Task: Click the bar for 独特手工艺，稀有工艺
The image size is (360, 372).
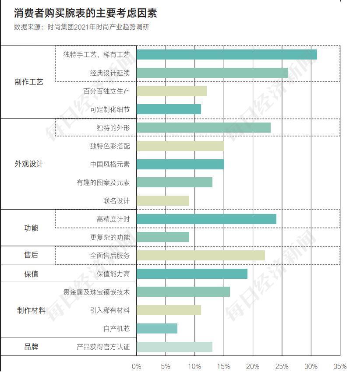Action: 226,55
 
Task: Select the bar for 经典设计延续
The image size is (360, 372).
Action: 212,73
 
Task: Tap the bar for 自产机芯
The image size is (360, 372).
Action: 157,328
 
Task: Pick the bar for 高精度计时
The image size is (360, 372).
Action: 206,219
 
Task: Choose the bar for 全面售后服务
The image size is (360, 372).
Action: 201,256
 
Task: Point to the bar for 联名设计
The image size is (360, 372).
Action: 162,201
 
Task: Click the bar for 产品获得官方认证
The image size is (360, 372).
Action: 174,347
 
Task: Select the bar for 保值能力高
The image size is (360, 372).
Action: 192,274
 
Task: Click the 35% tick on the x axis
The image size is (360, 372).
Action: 340,366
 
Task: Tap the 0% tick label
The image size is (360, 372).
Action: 137,366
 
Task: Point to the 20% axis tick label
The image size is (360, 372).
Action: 253,366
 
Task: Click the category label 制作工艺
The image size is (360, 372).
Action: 29,82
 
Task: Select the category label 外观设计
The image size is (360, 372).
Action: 29,164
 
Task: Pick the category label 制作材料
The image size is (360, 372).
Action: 31,310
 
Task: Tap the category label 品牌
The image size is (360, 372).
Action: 31,347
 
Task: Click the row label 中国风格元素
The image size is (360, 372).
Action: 109,165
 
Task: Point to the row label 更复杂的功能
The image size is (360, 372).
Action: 109,237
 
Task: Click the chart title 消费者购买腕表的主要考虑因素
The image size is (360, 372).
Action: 85,13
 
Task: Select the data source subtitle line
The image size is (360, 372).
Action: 81,27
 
